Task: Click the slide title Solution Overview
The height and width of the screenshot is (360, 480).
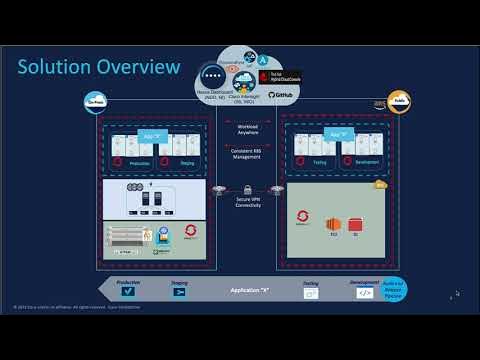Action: pyautogui.click(x=99, y=67)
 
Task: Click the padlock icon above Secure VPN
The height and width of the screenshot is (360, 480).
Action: pyautogui.click(x=247, y=188)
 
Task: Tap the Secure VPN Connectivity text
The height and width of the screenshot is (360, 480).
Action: pyautogui.click(x=247, y=203)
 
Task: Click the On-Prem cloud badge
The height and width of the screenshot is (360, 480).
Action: pyautogui.click(x=98, y=101)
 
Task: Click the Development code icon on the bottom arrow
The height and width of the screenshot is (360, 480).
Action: pyautogui.click(x=364, y=294)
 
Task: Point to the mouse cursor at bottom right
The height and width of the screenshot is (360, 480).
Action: pyautogui.click(x=457, y=294)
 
